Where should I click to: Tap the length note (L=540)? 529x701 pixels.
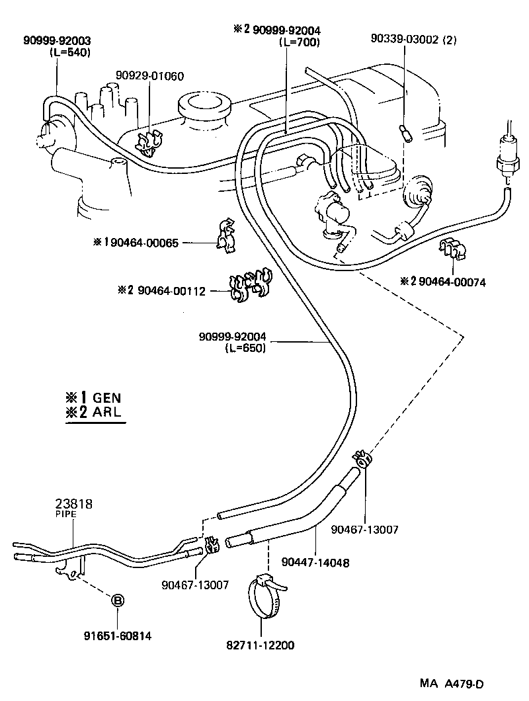point(69,52)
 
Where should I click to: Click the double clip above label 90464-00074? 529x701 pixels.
point(451,250)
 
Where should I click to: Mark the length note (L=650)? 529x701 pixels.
point(245,348)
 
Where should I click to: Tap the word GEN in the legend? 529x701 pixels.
point(107,398)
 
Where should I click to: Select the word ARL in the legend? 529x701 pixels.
point(107,414)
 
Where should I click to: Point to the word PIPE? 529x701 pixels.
point(66,513)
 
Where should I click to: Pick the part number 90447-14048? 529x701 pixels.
point(315,563)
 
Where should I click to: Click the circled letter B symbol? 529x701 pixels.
point(117,601)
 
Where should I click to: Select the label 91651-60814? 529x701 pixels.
point(117,636)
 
